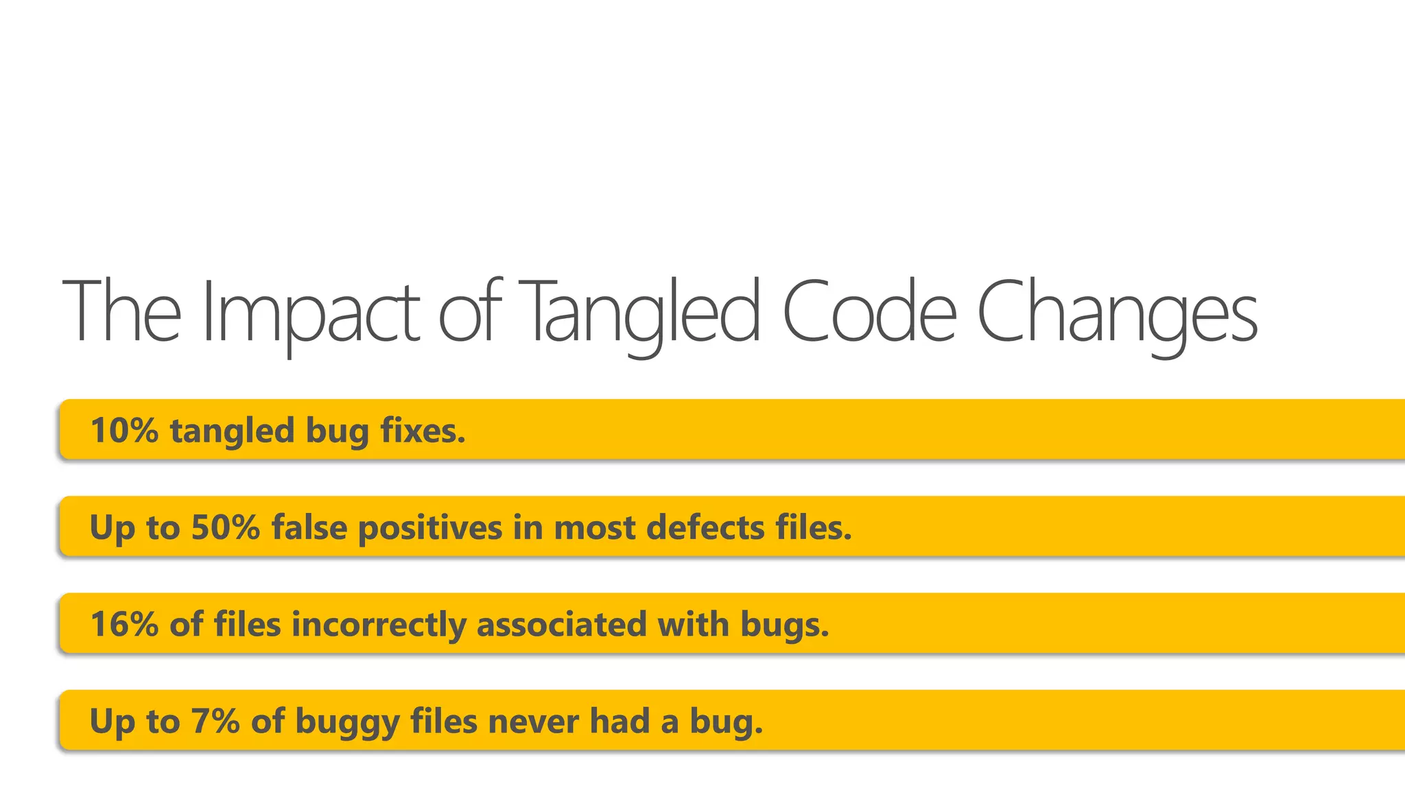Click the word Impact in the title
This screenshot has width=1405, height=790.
coord(310,312)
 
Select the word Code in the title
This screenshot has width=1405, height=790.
coord(869,312)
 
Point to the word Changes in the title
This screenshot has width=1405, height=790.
coord(1117,312)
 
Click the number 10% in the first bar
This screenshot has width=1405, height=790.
coord(124,431)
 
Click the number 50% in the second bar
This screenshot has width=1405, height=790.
coord(226,527)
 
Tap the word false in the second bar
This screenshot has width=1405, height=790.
coord(309,527)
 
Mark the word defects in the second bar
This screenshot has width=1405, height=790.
coord(705,527)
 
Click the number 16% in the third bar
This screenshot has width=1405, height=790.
coord(124,624)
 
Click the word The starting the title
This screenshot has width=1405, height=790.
coord(122,312)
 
